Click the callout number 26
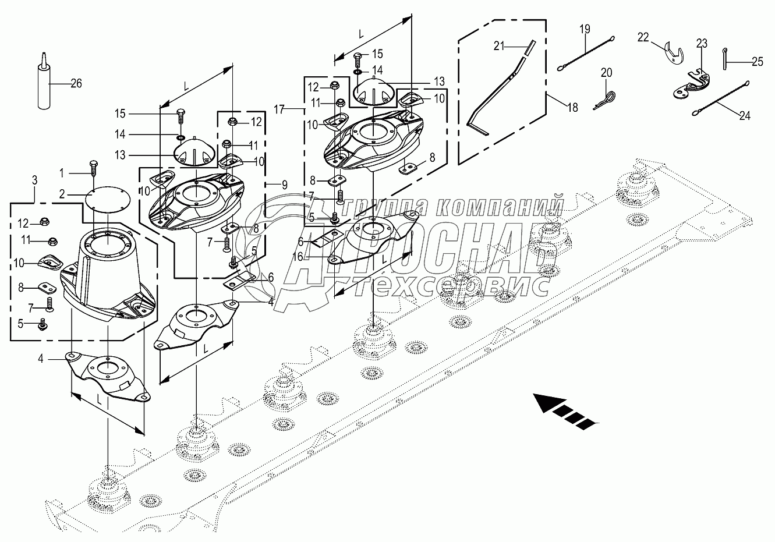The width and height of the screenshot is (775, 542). [76, 84]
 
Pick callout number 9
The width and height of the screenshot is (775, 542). [284, 185]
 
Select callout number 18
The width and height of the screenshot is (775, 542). [572, 107]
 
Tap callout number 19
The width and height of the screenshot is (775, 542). [585, 29]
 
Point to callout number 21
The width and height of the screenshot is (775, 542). [500, 46]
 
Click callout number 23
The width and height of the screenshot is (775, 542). [702, 43]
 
